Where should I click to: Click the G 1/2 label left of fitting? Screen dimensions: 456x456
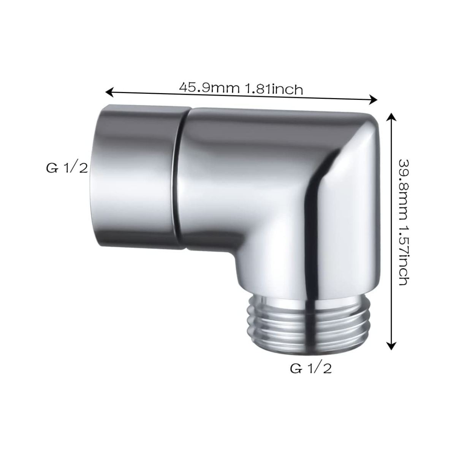(x=66, y=168)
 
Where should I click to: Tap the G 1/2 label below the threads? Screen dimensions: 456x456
(x=310, y=368)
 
